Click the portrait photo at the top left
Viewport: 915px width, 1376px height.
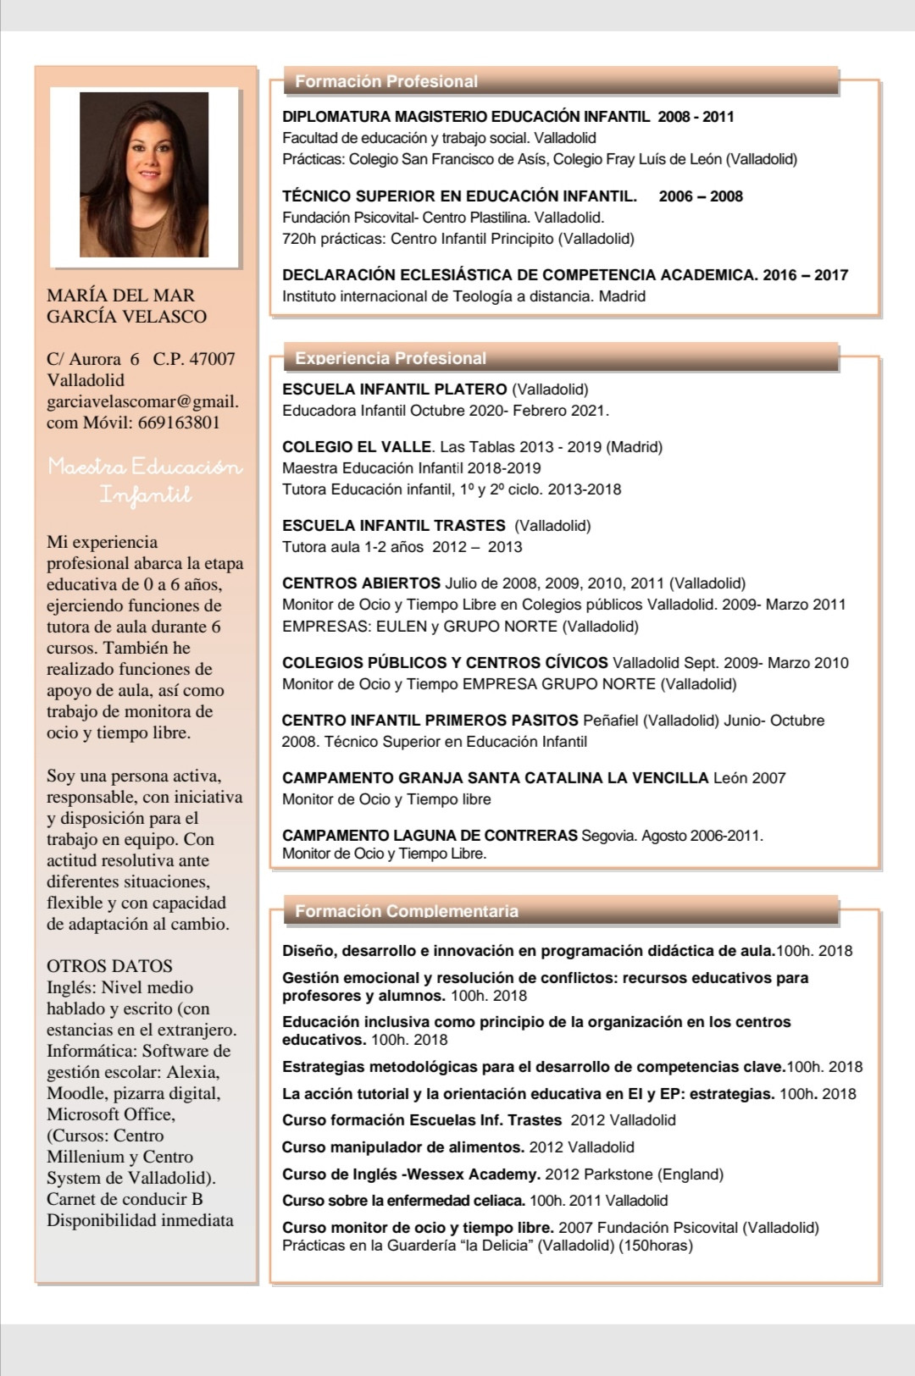point(144,175)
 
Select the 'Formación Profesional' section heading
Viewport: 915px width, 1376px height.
point(386,81)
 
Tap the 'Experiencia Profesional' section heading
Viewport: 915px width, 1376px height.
point(391,358)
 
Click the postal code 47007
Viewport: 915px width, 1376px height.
point(212,359)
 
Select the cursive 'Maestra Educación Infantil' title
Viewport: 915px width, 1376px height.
point(145,480)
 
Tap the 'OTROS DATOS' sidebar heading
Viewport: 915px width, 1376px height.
point(109,966)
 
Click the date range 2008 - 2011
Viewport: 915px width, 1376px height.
point(696,117)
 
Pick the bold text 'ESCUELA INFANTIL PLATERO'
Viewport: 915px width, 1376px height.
point(395,390)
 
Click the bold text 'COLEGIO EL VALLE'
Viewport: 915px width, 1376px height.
point(358,447)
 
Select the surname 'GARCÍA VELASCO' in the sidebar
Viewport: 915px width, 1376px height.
point(126,317)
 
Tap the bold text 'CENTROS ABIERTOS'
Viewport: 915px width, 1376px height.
point(361,583)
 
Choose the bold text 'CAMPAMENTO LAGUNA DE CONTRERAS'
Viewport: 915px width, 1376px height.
point(430,836)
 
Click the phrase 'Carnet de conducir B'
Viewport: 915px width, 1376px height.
point(125,1199)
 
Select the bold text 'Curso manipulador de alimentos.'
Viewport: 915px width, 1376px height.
point(403,1147)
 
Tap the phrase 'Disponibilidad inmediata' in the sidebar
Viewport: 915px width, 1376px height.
point(140,1220)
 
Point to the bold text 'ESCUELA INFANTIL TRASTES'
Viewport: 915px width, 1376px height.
point(394,526)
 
